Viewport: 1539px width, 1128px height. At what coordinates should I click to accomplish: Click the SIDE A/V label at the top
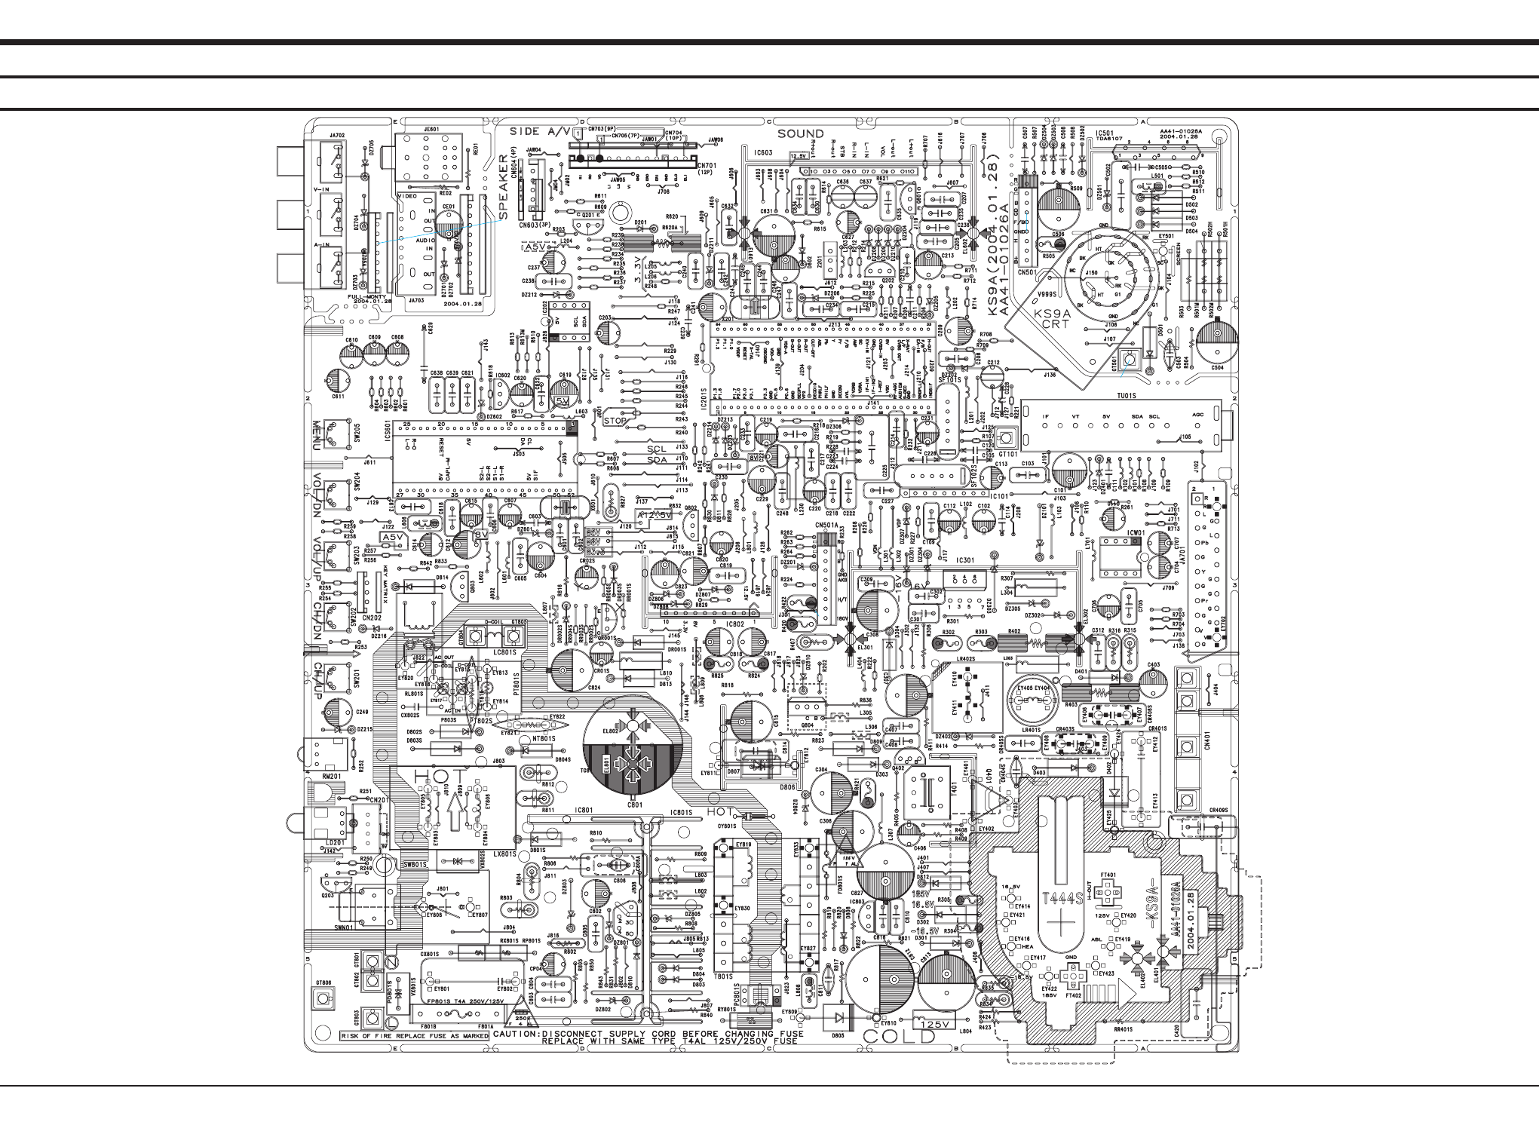click(541, 132)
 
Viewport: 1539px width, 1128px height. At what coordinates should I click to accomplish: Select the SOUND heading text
click(801, 134)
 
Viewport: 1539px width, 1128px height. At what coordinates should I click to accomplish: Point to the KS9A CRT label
click(1051, 319)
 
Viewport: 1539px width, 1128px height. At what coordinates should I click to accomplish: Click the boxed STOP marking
click(615, 421)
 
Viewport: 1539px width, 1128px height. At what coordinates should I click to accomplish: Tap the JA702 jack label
click(337, 136)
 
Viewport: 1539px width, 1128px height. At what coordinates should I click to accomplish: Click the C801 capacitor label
click(635, 805)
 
